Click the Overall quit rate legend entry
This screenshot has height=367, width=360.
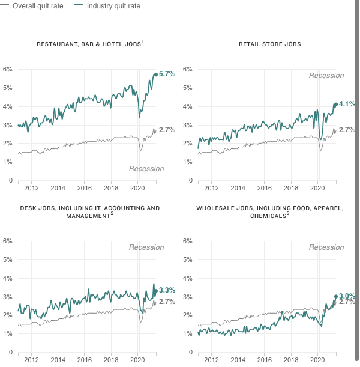pos(32,6)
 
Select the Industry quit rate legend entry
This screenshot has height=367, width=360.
pos(107,6)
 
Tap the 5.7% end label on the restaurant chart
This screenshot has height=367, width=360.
pos(167,74)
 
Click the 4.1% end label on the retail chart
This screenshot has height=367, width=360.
pos(347,104)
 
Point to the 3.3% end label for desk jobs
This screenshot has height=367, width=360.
pos(167,290)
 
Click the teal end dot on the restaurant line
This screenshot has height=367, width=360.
pos(155,74)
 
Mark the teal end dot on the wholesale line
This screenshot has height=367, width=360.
pos(336,296)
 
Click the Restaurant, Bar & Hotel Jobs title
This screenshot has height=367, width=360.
pos(90,44)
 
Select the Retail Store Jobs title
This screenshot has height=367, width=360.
pos(270,44)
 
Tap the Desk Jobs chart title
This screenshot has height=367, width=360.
pos(90,212)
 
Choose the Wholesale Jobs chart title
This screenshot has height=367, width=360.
pos(270,212)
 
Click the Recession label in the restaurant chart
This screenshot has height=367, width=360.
pos(146,169)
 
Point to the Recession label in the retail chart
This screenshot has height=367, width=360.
pos(326,76)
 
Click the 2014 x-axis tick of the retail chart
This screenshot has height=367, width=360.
pos(238,188)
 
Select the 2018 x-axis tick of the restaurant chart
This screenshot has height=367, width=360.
pos(111,188)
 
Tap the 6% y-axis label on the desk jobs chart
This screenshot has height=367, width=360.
pos(7,241)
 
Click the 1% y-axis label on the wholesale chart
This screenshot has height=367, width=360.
pos(187,333)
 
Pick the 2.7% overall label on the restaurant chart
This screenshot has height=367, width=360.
pos(167,130)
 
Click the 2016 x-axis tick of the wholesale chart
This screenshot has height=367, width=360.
pos(265,360)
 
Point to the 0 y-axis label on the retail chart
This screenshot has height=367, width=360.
pos(191,180)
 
